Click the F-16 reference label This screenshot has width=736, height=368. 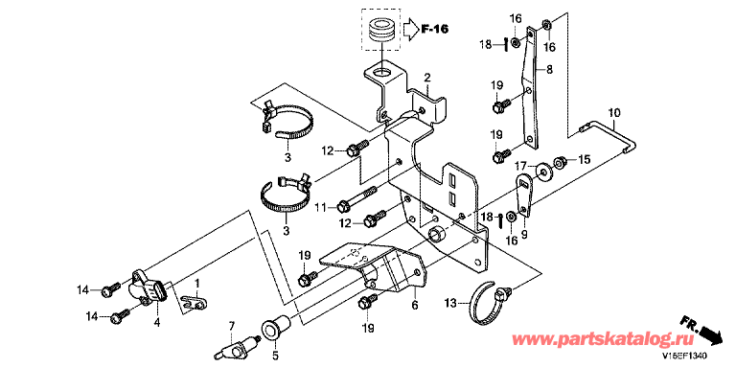click(x=434, y=29)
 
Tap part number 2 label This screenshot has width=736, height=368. click(x=427, y=77)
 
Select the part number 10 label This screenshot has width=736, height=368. click(x=614, y=113)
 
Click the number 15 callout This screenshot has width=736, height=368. click(x=583, y=160)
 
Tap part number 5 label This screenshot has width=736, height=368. click(x=275, y=355)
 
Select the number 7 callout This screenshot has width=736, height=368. click(x=231, y=325)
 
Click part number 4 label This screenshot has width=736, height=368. click(x=157, y=322)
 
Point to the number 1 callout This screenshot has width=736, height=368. click(x=197, y=283)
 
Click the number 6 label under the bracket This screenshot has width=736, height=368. click(x=414, y=305)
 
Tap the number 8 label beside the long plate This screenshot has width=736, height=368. click(x=549, y=70)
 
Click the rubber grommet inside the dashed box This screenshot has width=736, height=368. click(x=381, y=31)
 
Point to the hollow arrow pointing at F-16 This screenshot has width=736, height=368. click(x=411, y=29)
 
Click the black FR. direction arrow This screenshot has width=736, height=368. click(x=709, y=333)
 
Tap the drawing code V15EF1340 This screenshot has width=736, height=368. click(x=685, y=357)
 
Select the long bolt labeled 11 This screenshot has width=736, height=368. click(x=357, y=198)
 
